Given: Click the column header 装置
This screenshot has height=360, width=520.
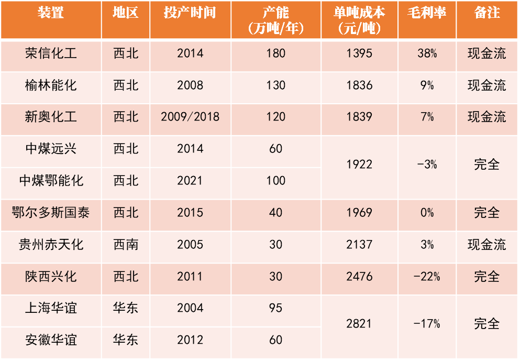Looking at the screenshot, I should pos(51,13).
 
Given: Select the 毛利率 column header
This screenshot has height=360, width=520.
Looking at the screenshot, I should pos(427,13).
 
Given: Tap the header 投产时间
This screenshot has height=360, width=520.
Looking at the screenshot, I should pos(190,13).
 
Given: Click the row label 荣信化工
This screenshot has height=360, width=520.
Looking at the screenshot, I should pos(51,53).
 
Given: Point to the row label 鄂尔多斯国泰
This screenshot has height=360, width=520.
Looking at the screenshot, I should pos(51,213).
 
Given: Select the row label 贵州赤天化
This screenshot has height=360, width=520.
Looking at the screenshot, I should pos(51,245).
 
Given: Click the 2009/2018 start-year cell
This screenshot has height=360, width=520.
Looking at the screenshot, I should pos(190,117).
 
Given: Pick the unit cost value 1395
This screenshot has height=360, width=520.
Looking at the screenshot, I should pos(359,53).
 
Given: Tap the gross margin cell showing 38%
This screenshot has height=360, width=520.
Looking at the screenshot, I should pos(427,53).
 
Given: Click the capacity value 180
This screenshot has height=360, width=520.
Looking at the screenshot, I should pos(276,53).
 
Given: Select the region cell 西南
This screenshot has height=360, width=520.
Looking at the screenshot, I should pos(126,245).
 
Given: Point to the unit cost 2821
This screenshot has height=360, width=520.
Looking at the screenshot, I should pos(359,324).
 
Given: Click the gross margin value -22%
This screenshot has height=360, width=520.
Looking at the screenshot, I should pos(427,277).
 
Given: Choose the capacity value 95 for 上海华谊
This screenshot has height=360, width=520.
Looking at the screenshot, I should pos(276,308).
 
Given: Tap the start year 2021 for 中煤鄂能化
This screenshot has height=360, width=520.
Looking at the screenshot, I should pos(190,181).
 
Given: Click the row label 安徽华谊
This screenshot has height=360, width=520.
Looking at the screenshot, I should pos(51,340).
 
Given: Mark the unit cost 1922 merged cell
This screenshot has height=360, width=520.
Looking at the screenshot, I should pos(359,165).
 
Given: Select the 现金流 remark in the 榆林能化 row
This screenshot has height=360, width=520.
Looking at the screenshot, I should pos(487,85).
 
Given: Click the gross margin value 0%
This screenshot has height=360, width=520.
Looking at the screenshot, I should pos(427,213).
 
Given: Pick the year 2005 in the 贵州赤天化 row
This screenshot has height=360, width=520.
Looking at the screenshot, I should pos(190,245).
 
